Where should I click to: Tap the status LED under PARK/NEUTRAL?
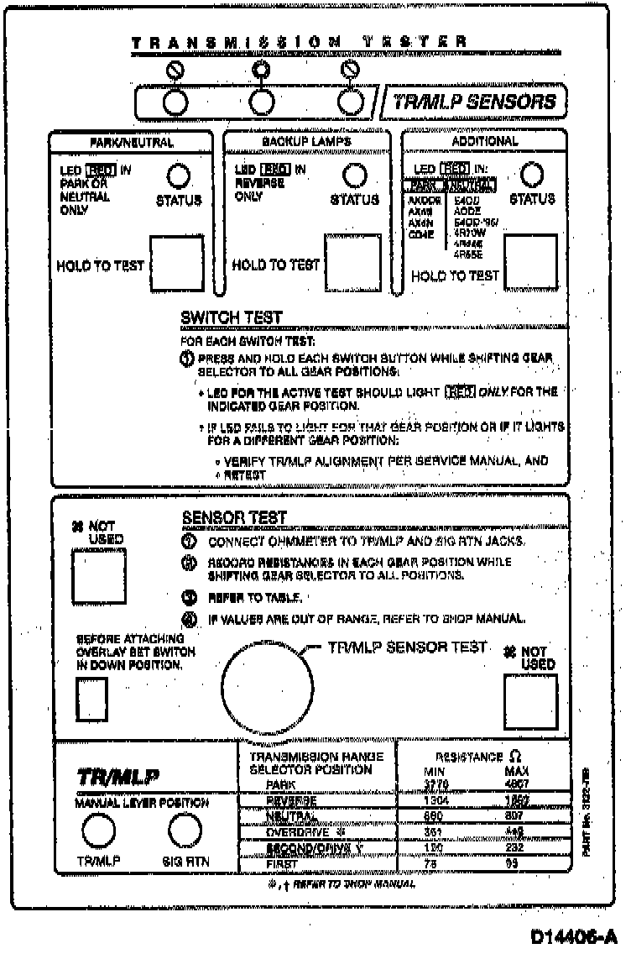click(x=178, y=176)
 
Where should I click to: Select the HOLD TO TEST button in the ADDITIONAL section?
click(x=530, y=261)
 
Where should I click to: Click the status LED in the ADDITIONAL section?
click(x=532, y=175)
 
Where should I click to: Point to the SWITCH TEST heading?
click(x=232, y=317)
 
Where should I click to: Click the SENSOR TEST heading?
click(x=234, y=518)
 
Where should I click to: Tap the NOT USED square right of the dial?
click(x=530, y=701)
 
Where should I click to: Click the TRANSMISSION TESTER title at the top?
click(x=300, y=40)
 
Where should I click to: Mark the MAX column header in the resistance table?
click(x=517, y=770)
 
